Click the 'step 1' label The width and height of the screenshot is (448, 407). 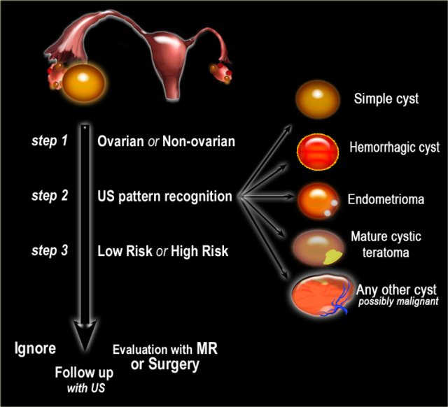click(48, 141)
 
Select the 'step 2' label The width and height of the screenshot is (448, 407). click(48, 197)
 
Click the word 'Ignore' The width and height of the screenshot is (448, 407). click(36, 347)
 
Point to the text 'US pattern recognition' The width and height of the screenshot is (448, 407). click(164, 197)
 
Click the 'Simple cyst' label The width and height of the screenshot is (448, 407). click(386, 99)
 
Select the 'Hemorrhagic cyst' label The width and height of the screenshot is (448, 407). click(394, 148)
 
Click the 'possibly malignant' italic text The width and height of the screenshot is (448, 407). click(398, 301)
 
